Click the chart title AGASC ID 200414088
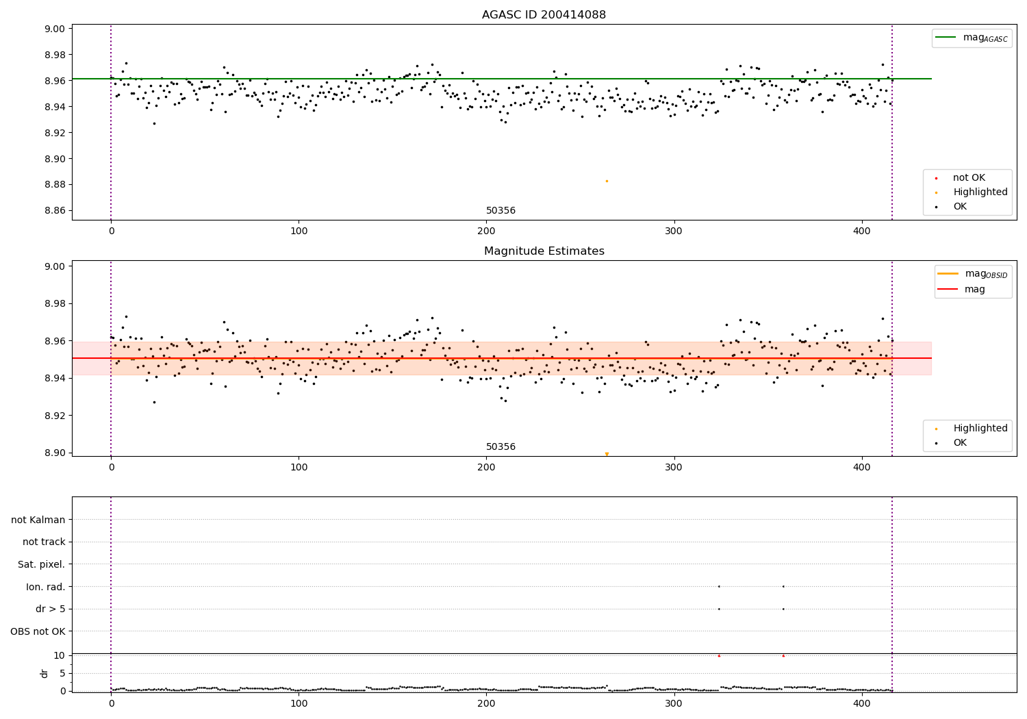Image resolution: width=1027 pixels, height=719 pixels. pos(544,15)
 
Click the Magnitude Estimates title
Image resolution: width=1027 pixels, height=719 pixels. pos(544,251)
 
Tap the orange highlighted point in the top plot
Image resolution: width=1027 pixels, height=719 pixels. pos(607,181)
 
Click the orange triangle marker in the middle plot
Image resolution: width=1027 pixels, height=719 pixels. pos(607,454)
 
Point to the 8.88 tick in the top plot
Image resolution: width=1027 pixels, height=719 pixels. pos(54,185)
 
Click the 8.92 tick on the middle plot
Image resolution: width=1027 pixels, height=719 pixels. pos(54,416)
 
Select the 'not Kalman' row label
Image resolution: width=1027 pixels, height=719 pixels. pos(38,520)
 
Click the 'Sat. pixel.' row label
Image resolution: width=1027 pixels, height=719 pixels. pos(42,564)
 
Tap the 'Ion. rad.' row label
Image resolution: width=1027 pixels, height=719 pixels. pos(46,587)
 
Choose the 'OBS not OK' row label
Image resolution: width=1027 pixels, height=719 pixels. pos(38,631)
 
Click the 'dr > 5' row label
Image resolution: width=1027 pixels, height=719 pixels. pos(51,609)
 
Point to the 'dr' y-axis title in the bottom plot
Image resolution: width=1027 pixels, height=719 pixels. pos(45,673)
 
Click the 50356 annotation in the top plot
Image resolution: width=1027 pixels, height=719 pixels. pos(500,211)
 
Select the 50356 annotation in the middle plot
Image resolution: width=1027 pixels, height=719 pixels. pos(500,447)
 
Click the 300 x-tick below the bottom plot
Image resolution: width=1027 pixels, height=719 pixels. pos(674,703)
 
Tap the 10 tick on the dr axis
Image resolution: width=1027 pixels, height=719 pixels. pos(59,655)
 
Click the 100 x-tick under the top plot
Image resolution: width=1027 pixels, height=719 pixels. pos(299,231)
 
